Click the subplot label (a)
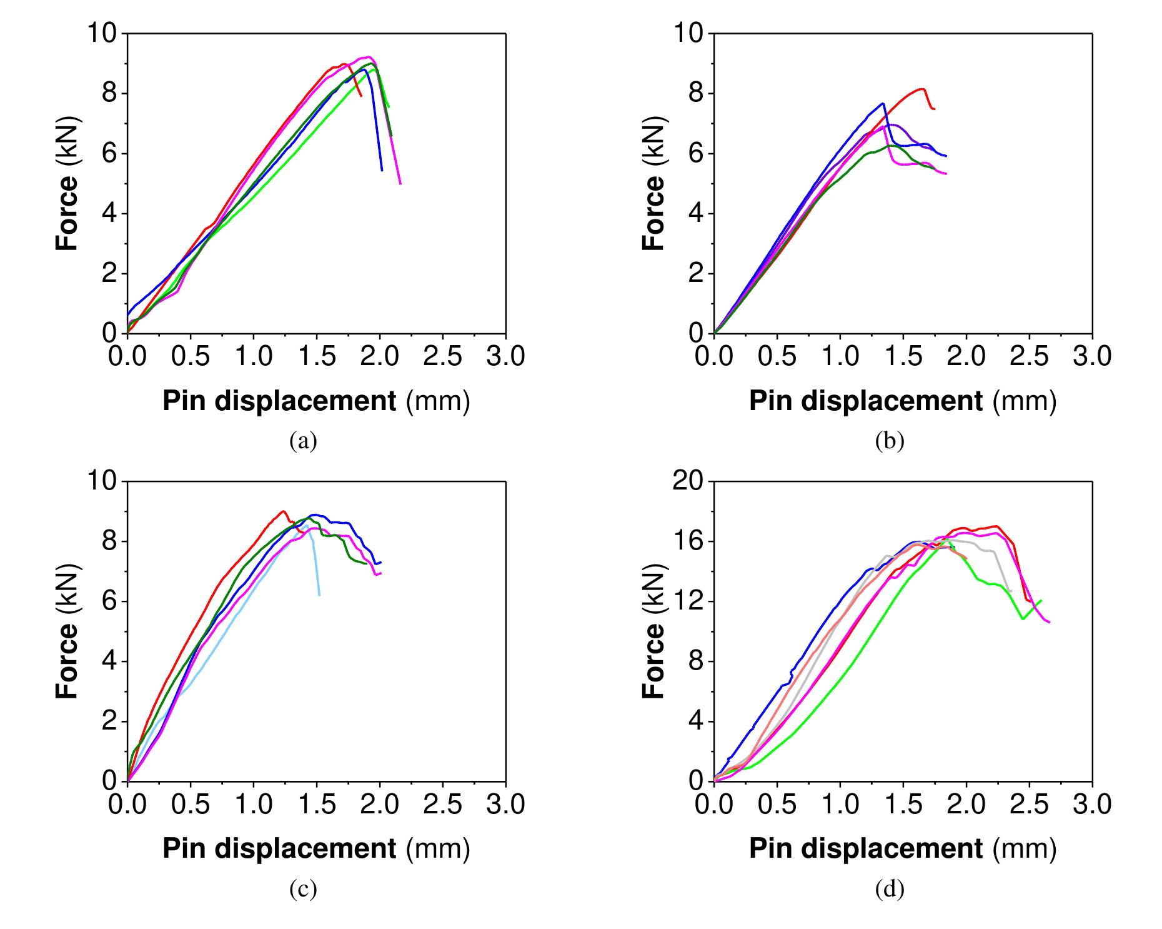coord(303,441)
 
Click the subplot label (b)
coord(890,441)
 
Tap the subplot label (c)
coord(303,888)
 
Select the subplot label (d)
coord(890,888)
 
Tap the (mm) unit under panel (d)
coord(1025,849)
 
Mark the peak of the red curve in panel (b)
coord(921,89)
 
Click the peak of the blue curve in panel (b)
coord(883,104)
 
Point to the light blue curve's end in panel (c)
coord(319,595)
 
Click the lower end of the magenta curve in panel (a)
coord(400,183)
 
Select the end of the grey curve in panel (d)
coord(1010,591)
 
